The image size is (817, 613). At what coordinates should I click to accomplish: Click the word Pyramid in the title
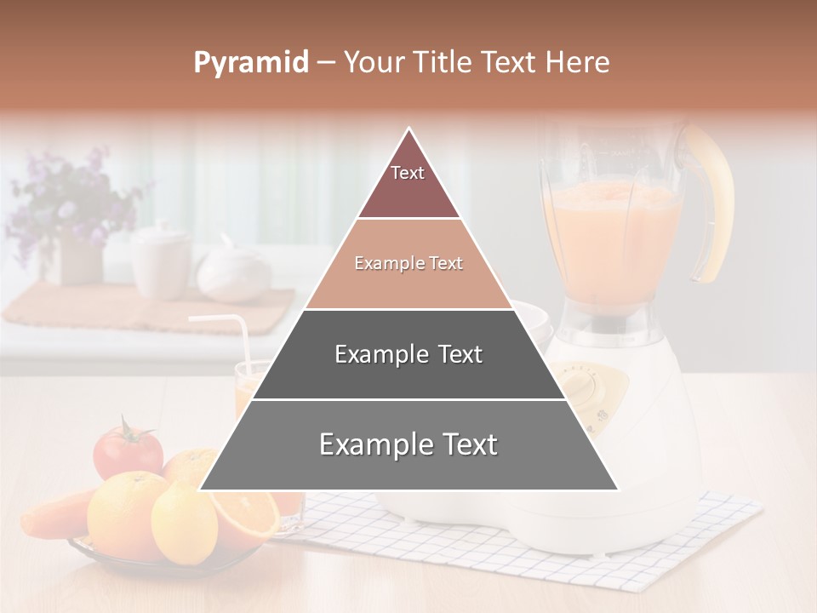point(250,63)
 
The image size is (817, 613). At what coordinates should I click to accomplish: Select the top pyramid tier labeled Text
point(408,183)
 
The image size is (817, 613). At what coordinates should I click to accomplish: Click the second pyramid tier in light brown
point(408,264)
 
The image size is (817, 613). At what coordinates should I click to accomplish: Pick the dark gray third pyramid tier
point(408,354)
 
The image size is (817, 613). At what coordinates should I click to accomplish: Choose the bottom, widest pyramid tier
point(408,445)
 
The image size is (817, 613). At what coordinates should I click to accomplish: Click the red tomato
point(128,451)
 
